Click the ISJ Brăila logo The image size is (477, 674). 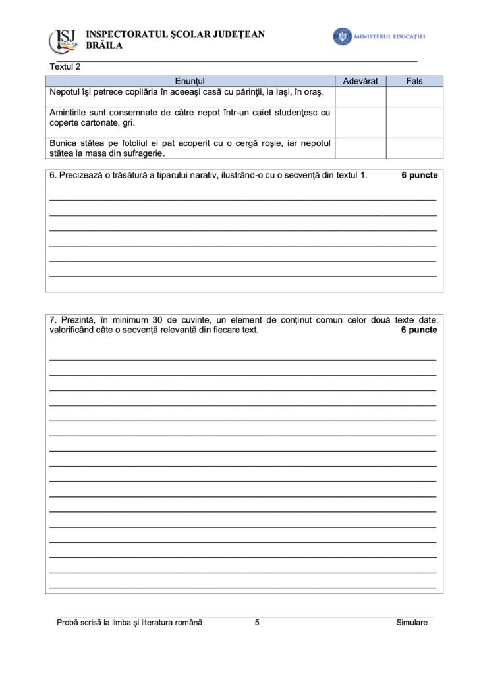[x=63, y=41]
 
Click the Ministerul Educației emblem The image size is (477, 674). [x=342, y=36]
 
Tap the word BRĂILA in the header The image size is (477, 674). [x=104, y=46]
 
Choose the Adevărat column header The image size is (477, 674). [x=360, y=81]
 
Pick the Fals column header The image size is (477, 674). [x=414, y=81]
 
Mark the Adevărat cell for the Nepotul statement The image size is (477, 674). [x=360, y=97]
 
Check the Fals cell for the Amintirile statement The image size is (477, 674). [x=414, y=122]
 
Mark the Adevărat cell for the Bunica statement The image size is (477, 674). [x=360, y=148]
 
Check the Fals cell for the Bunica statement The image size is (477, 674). [x=414, y=148]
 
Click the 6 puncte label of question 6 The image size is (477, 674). [x=419, y=176]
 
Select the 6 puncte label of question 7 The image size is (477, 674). [x=419, y=330]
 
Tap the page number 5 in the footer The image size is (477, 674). [x=257, y=623]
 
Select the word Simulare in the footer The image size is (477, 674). [x=412, y=623]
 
